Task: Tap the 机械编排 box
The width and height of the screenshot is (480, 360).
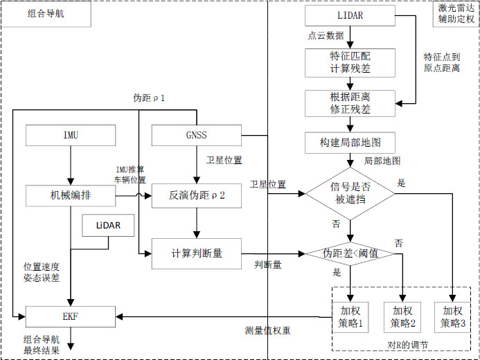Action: tap(71, 196)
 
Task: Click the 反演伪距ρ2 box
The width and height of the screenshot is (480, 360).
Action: tap(196, 196)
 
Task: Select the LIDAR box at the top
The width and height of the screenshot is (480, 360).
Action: tap(350, 15)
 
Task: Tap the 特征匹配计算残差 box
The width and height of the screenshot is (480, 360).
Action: tap(350, 62)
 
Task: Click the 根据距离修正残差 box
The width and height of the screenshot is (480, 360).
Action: tap(350, 103)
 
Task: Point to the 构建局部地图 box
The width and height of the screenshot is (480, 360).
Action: tap(350, 143)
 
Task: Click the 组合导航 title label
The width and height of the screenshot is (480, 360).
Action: tap(46, 14)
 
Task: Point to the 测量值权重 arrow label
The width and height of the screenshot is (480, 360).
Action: tap(267, 331)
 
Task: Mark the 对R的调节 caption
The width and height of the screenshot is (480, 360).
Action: tap(403, 344)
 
